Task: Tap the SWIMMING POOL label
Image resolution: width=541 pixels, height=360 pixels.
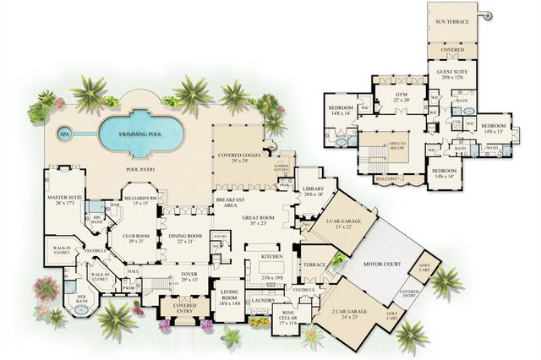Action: tap(140, 134)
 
